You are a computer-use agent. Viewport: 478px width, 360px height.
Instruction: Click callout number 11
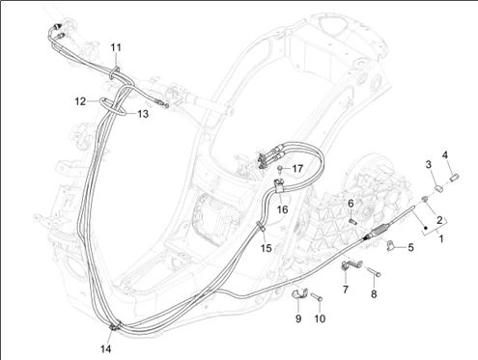pyautogui.click(x=116, y=47)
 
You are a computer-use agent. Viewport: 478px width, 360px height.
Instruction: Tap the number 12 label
pyautogui.click(x=80, y=101)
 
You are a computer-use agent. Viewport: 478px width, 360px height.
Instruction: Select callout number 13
pyautogui.click(x=143, y=114)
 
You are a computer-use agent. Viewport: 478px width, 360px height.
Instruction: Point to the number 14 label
pyautogui.click(x=105, y=348)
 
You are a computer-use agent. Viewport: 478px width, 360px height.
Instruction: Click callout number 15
pyautogui.click(x=267, y=248)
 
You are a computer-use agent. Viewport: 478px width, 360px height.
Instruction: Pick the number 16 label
pyautogui.click(x=282, y=209)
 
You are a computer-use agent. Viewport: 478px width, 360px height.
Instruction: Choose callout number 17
pyautogui.click(x=297, y=168)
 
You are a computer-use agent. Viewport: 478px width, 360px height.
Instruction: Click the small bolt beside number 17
pyautogui.click(x=281, y=169)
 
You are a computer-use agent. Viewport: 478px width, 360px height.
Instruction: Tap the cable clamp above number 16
pyautogui.click(x=279, y=185)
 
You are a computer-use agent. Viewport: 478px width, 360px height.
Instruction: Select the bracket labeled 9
pyautogui.click(x=299, y=294)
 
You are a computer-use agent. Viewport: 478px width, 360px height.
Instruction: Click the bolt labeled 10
pyautogui.click(x=317, y=297)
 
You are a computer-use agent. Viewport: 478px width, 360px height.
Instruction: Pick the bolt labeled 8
pyautogui.click(x=375, y=272)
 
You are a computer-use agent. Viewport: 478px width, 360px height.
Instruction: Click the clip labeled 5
pyautogui.click(x=390, y=245)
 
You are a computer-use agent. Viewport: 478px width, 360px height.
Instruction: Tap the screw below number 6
pyautogui.click(x=353, y=222)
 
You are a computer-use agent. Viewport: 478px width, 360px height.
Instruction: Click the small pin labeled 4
pyautogui.click(x=454, y=178)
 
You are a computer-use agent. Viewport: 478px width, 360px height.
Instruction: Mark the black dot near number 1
pyautogui.click(x=426, y=228)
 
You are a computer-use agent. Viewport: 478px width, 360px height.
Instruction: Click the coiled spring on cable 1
pyautogui.click(x=377, y=232)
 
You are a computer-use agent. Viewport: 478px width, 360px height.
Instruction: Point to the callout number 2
pyautogui.click(x=439, y=220)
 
